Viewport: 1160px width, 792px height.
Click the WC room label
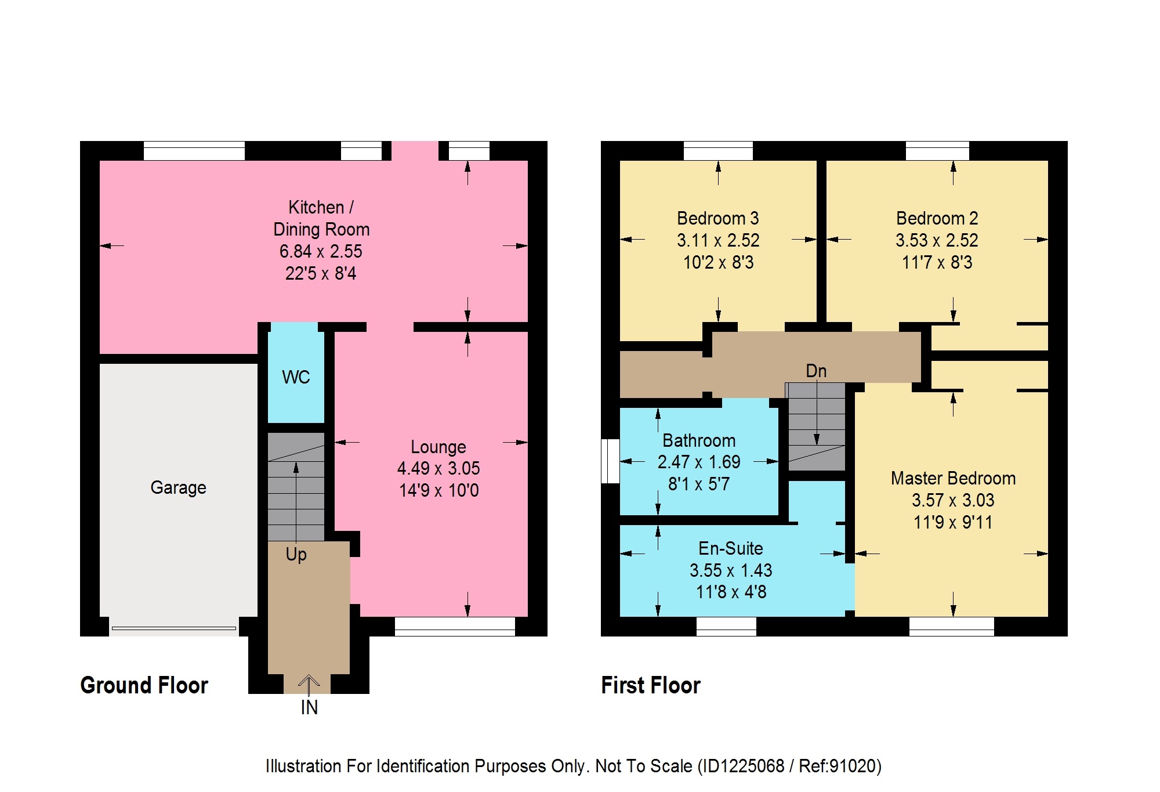pyautogui.click(x=296, y=377)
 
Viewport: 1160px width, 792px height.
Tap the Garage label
pyautogui.click(x=178, y=487)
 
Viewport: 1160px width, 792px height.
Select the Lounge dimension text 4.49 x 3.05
pyautogui.click(x=438, y=468)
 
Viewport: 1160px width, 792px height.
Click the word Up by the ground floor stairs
pyautogui.click(x=296, y=554)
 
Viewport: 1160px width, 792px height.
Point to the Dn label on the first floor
pyautogui.click(x=816, y=371)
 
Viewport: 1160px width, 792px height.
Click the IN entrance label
pyautogui.click(x=309, y=707)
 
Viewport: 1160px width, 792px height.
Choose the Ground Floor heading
pyautogui.click(x=144, y=685)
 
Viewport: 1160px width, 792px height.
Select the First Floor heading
pyautogui.click(x=651, y=685)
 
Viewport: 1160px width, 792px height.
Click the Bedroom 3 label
pyautogui.click(x=718, y=218)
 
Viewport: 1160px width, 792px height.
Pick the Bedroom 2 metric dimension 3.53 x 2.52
pyautogui.click(x=937, y=240)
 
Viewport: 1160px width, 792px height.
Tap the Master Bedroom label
pyautogui.click(x=953, y=478)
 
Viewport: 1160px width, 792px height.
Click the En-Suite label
pyautogui.click(x=731, y=548)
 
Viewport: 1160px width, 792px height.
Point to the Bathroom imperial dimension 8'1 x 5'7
pyautogui.click(x=699, y=484)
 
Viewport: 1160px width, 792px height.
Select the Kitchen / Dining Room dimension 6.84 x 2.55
pyautogui.click(x=321, y=251)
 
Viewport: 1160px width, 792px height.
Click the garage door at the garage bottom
pyautogui.click(x=174, y=628)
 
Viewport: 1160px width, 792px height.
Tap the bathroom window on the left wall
pyautogui.click(x=610, y=461)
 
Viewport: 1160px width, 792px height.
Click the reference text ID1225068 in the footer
pyautogui.click(x=743, y=766)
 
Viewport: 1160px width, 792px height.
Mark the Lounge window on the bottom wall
pyautogui.click(x=455, y=627)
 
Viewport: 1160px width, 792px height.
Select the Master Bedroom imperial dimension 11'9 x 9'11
pyautogui.click(x=953, y=522)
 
